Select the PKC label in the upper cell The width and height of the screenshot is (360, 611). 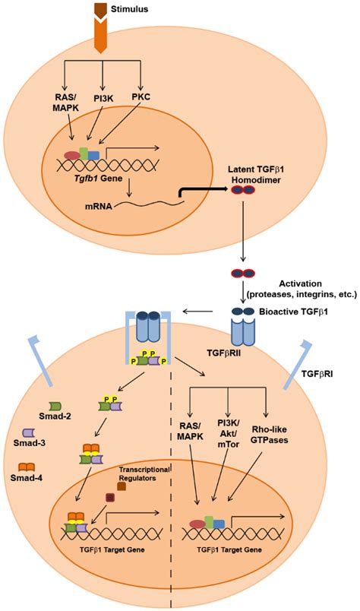[142, 96]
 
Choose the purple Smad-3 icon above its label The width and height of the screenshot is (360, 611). [29, 432]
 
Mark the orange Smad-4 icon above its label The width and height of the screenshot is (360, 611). [27, 466]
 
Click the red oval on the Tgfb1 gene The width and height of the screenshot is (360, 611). [72, 156]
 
